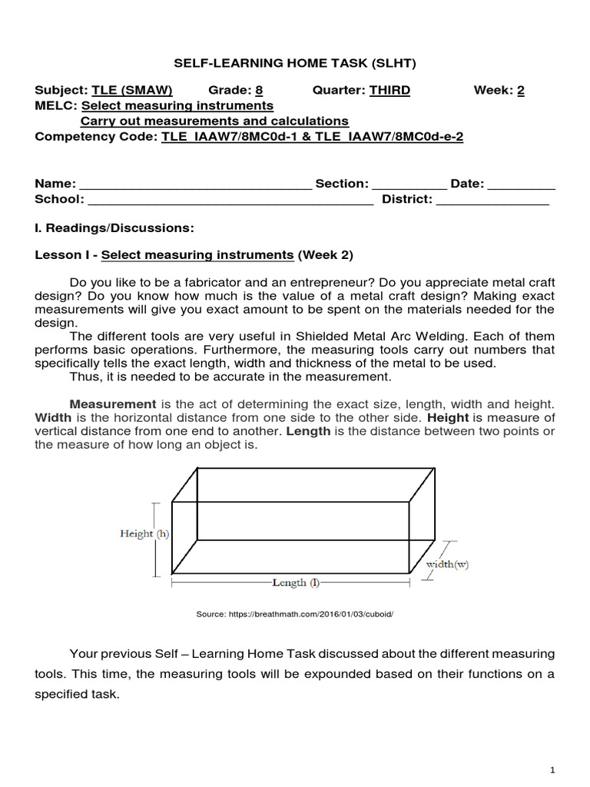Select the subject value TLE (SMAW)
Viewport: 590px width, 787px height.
point(132,90)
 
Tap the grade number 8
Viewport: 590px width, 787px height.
point(259,90)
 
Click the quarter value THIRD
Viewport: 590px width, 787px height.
point(389,90)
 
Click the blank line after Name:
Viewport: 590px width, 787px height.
point(195,185)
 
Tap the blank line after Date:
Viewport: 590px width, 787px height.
point(522,185)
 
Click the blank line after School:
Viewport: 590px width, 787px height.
point(230,201)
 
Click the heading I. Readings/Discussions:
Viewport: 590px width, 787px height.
point(114,228)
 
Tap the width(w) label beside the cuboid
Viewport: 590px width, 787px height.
point(447,564)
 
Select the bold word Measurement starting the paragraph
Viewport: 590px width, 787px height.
point(112,403)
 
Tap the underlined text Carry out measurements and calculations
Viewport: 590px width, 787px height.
point(214,121)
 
